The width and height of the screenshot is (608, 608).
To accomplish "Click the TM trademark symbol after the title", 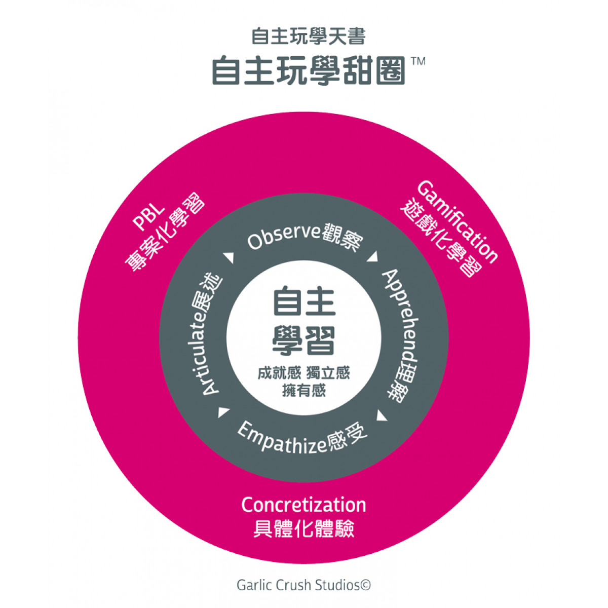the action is click(x=419, y=61).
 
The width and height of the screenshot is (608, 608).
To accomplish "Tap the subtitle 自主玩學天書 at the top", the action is click(x=309, y=36).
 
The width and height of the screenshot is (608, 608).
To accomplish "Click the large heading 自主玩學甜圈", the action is click(x=309, y=70).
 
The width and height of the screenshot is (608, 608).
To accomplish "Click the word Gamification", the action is click(x=458, y=221).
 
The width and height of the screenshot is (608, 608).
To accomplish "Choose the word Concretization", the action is click(x=303, y=505).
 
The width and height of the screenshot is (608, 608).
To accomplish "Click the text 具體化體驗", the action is click(x=303, y=529).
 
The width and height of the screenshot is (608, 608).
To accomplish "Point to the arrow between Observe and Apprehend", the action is click(x=373, y=256).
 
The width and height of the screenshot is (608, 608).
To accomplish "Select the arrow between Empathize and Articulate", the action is click(x=223, y=411).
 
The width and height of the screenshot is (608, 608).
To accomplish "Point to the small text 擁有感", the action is click(x=304, y=391).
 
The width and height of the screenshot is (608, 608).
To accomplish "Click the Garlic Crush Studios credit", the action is click(x=304, y=585).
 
